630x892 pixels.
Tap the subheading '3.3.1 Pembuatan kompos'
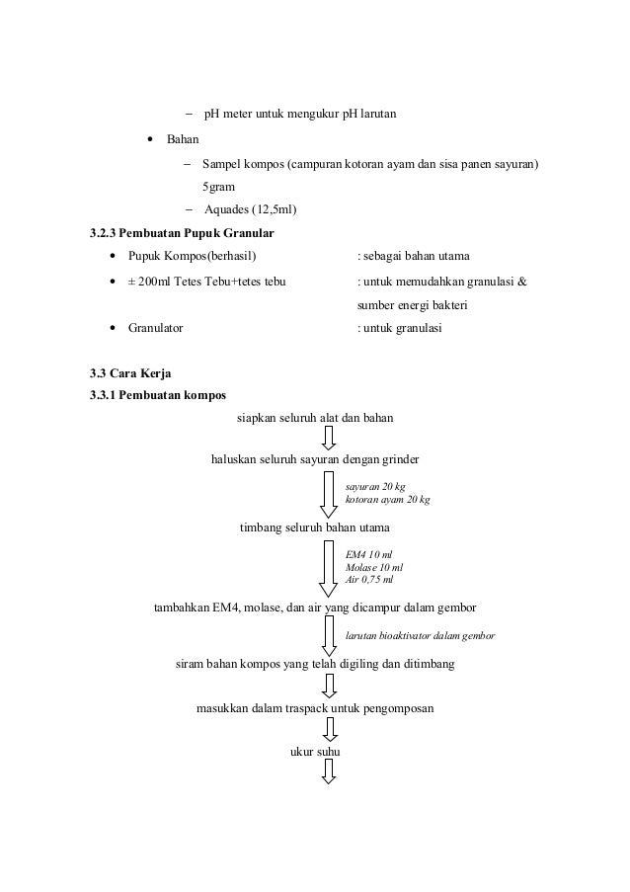(x=157, y=395)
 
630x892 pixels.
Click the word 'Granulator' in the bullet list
(x=155, y=328)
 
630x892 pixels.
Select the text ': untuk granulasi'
(x=399, y=328)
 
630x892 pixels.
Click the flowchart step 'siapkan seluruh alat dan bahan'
(x=315, y=418)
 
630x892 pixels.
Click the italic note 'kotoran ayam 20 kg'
(x=388, y=500)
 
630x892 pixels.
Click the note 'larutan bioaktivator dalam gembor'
(x=420, y=636)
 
